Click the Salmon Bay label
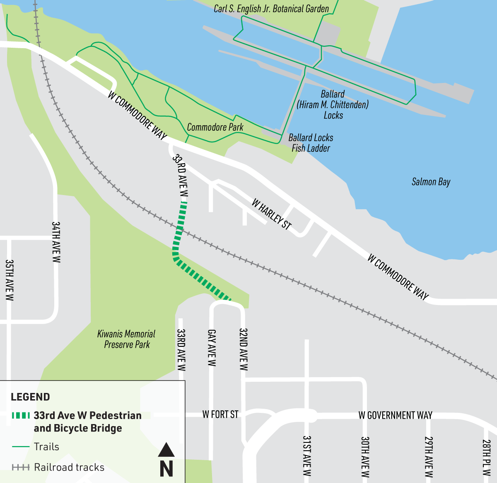pyautogui.click(x=431, y=182)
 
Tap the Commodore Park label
pyautogui.click(x=215, y=127)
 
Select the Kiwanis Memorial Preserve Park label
pyautogui.click(x=126, y=339)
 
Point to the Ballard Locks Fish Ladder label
pyautogui.click(x=311, y=143)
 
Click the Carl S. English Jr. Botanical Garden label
pyautogui.click(x=271, y=9)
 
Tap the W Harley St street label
pyautogui.click(x=272, y=214)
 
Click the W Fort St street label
pyautogui.click(x=220, y=415)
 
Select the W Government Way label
pyautogui.click(x=395, y=415)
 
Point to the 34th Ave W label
pyautogui.click(x=56, y=242)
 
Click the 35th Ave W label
pyautogui.click(x=10, y=280)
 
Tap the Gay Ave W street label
pyautogui.click(x=212, y=348)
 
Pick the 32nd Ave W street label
pyautogui.click(x=244, y=349)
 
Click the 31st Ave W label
pyautogui.click(x=306, y=456)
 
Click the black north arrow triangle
pyautogui.click(x=166, y=450)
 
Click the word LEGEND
pyautogui.click(x=30, y=397)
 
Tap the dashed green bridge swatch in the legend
pyautogui.click(x=21, y=415)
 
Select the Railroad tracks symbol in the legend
pyautogui.click(x=21, y=468)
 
